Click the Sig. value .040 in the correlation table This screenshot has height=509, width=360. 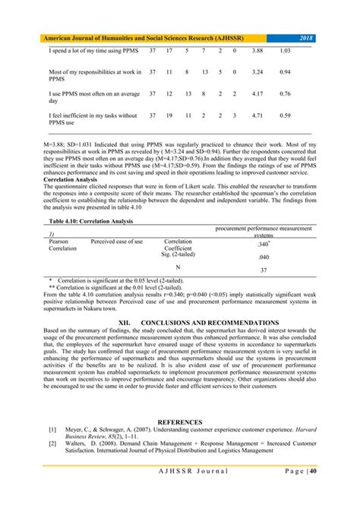click(262, 258)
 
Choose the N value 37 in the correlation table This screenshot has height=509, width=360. click(262, 270)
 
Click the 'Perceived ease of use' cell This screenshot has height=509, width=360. click(117, 242)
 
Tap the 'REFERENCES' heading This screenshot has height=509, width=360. click(179, 422)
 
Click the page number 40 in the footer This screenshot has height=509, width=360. click(313, 472)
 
